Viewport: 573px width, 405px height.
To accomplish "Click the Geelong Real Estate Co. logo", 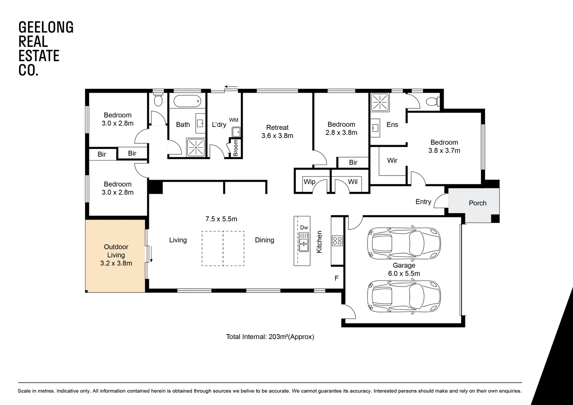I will (x=46, y=48).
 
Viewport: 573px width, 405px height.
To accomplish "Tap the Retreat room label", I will (x=277, y=127).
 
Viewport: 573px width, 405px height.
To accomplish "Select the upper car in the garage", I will (x=403, y=243).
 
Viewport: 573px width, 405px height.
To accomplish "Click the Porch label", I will (x=477, y=203).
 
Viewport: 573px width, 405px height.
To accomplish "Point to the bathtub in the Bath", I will (x=187, y=101).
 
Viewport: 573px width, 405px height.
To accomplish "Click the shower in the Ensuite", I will (x=380, y=102).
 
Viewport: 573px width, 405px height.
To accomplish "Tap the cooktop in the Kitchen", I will (x=337, y=240).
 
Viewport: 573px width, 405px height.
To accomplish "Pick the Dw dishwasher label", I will (x=304, y=228).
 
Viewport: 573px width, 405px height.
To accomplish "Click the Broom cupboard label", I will (x=235, y=148).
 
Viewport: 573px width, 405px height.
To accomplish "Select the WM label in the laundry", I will (x=234, y=120).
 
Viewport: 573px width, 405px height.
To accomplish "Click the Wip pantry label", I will (x=309, y=182).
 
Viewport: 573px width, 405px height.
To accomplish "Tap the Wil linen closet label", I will (x=352, y=182).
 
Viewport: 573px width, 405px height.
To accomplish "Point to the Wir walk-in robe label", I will (x=392, y=160).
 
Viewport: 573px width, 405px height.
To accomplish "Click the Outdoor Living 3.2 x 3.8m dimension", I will (x=116, y=263).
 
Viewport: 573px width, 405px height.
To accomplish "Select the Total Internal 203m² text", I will (x=270, y=337).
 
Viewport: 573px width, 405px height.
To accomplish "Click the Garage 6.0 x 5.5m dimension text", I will (x=404, y=273).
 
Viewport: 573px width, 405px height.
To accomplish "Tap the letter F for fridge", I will (x=336, y=278).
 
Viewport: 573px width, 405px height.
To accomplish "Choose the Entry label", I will (x=423, y=202).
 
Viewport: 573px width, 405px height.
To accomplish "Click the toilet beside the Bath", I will (x=158, y=100).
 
